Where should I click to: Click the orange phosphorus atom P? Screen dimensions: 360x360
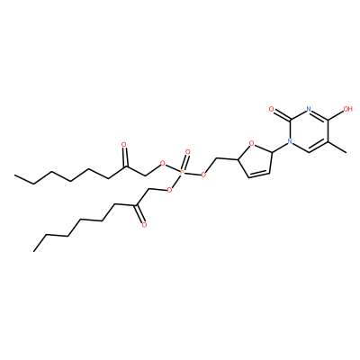click(x=182, y=172)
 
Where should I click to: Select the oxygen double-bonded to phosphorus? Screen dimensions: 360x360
click(x=188, y=152)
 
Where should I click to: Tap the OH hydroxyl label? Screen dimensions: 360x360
click(x=347, y=109)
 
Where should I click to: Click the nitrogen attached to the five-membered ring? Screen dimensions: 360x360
click(x=290, y=140)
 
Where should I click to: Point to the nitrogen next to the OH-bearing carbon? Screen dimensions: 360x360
click(x=308, y=109)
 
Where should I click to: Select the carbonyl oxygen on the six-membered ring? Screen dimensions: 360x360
click(x=271, y=109)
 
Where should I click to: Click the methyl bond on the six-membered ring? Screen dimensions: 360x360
click(x=337, y=147)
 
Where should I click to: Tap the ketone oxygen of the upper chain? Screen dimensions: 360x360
click(x=124, y=145)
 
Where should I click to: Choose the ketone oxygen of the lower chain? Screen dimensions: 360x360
click(x=144, y=225)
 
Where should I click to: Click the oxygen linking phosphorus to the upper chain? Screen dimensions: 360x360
click(x=162, y=164)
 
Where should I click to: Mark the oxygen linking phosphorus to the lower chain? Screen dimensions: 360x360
click(x=170, y=190)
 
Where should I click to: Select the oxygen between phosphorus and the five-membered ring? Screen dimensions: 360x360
click(x=204, y=175)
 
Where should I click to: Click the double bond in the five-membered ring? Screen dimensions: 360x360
click(x=258, y=175)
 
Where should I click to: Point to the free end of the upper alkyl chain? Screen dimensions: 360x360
click(x=15, y=175)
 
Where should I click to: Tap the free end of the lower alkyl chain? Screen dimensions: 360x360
click(x=34, y=250)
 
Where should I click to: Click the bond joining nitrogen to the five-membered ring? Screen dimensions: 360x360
click(x=280, y=147)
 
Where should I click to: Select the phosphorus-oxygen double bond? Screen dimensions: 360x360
click(x=184, y=162)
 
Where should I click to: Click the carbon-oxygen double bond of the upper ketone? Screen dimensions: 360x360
click(x=125, y=157)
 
